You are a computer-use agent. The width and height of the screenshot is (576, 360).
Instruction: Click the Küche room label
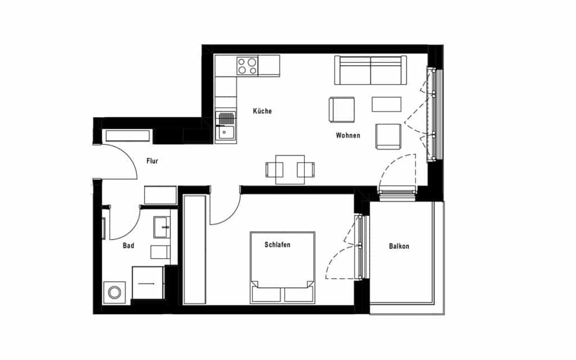tap(262, 111)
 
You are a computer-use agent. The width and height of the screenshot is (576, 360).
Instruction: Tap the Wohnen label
tap(348, 136)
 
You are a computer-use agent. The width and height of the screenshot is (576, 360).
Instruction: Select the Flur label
tap(152, 161)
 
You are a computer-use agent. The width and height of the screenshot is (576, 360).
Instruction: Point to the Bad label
tap(129, 246)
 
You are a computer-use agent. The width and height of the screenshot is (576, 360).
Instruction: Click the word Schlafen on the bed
tap(277, 245)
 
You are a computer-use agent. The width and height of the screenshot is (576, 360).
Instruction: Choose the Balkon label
tap(399, 246)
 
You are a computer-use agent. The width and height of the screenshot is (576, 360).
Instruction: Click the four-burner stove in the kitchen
tap(247, 66)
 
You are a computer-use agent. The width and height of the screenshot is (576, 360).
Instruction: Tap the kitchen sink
tap(226, 127)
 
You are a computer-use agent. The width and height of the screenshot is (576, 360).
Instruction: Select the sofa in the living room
tap(370, 70)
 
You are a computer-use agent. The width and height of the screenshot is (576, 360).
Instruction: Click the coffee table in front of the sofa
tap(386, 104)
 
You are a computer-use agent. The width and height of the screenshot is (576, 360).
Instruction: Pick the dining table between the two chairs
tap(290, 169)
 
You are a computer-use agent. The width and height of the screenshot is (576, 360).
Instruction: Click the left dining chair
tap(274, 170)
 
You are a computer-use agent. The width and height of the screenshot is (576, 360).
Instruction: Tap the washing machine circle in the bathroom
tap(115, 292)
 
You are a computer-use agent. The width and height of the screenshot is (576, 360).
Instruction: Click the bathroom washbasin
tap(161, 227)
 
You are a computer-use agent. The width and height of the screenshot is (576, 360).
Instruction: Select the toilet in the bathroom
tap(160, 253)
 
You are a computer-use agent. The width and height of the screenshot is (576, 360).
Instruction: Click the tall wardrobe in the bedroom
tap(195, 249)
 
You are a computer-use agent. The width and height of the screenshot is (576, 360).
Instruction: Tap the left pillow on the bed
tap(266, 295)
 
